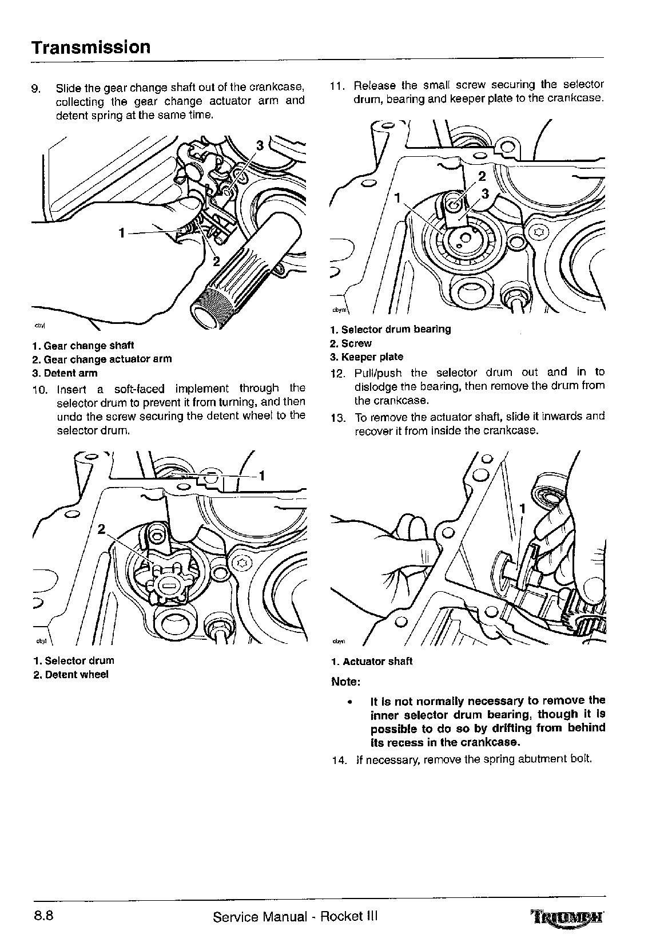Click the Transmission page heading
(x=91, y=47)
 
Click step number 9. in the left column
(x=35, y=89)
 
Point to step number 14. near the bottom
(x=339, y=760)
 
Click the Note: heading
(x=345, y=682)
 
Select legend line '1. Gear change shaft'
(x=83, y=346)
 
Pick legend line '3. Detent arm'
(x=65, y=373)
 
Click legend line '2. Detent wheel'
(x=70, y=674)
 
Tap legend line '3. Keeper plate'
(x=367, y=357)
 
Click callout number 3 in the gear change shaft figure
(x=260, y=145)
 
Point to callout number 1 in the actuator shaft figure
(x=522, y=508)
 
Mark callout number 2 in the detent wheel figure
(x=101, y=529)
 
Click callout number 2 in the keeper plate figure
(x=482, y=176)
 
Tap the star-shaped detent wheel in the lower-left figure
(x=169, y=585)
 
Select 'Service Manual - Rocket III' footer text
(x=295, y=916)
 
